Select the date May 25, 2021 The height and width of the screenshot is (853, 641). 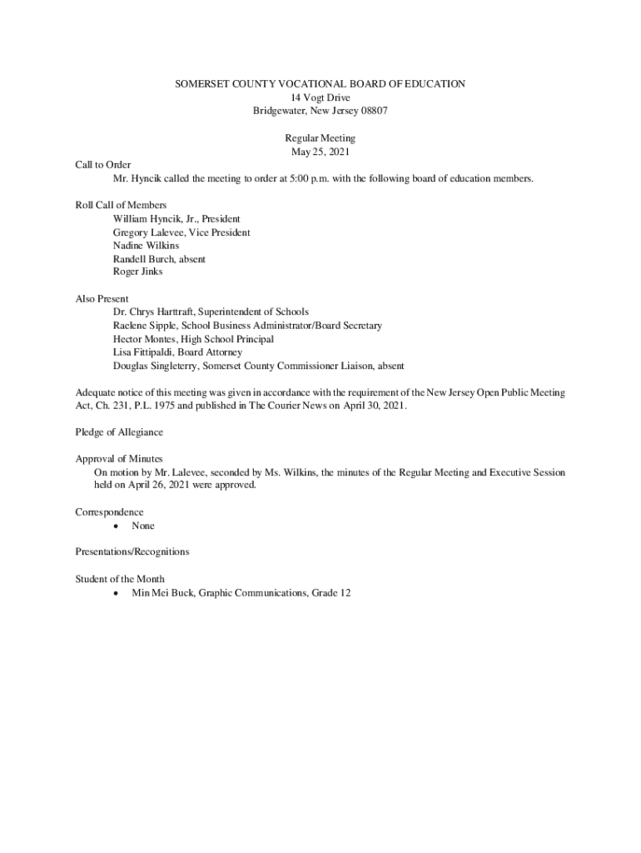click(x=320, y=152)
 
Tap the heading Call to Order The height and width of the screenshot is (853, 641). click(x=103, y=165)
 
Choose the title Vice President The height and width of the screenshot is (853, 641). click(x=219, y=232)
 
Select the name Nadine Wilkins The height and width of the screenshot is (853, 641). click(x=146, y=246)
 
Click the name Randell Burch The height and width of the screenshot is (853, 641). click(x=143, y=259)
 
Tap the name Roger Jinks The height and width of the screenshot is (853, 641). click(x=138, y=272)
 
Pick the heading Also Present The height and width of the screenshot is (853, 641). click(x=102, y=298)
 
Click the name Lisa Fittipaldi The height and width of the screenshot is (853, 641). click(x=142, y=352)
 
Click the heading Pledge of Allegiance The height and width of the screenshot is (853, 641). click(x=119, y=432)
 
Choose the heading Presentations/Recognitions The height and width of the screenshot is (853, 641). click(x=132, y=551)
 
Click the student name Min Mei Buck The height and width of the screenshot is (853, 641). click(x=162, y=592)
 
